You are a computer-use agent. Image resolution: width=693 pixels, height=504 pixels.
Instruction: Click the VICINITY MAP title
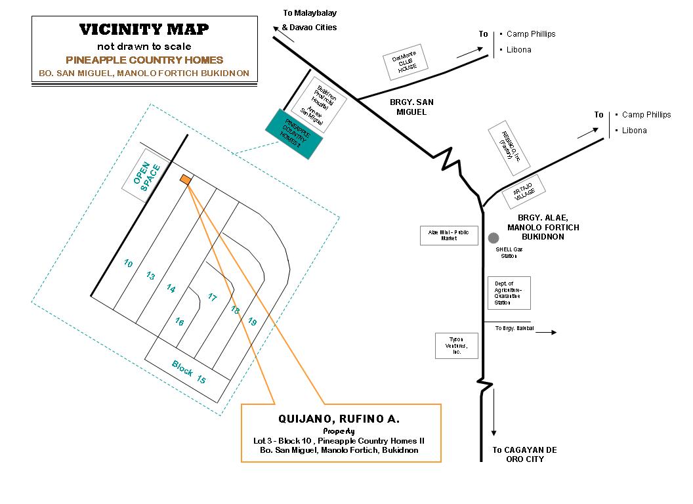coord(144,30)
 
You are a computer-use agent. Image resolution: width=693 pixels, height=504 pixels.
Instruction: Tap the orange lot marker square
coord(186,179)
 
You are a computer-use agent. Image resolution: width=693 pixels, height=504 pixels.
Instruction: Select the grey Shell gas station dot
coord(493,238)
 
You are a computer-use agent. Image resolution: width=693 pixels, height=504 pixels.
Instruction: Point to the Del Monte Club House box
coord(406,63)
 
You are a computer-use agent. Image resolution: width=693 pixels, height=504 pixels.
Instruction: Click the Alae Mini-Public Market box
coord(449,236)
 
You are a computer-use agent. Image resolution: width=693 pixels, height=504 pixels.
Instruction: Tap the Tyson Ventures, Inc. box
coord(455,345)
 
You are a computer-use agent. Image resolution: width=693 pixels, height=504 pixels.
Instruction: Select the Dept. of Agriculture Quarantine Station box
coord(509,293)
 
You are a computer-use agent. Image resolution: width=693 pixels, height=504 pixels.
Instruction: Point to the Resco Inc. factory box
coord(507,147)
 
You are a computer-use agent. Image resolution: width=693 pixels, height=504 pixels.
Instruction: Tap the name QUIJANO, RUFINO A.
coord(340,419)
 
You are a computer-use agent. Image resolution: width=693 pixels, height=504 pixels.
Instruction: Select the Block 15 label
coord(189,371)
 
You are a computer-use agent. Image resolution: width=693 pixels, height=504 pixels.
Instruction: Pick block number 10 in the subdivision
coord(128,263)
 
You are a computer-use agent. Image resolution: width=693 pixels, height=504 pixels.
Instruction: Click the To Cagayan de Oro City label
coord(524,454)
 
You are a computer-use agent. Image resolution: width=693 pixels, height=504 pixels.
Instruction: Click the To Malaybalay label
coord(310,12)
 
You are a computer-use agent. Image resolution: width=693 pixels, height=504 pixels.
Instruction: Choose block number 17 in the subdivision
coord(212,297)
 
